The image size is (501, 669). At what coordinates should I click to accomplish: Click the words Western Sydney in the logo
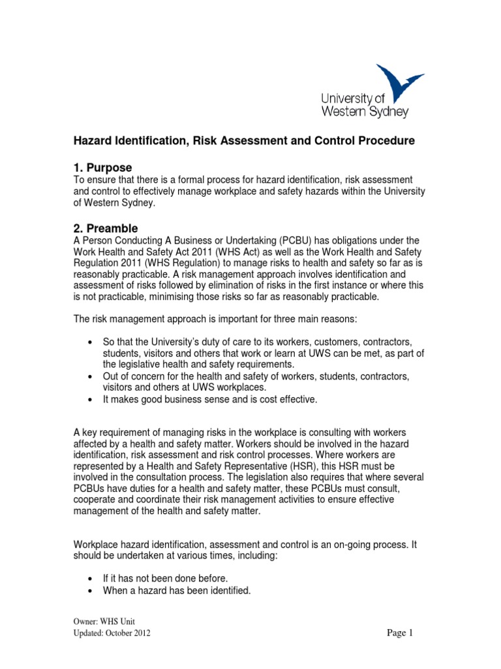pyautogui.click(x=364, y=111)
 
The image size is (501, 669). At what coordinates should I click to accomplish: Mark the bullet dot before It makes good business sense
pyautogui.click(x=89, y=400)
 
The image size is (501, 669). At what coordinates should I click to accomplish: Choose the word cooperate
pyautogui.click(x=98, y=500)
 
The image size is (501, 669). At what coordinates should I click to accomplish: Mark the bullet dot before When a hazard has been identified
pyautogui.click(x=89, y=591)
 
